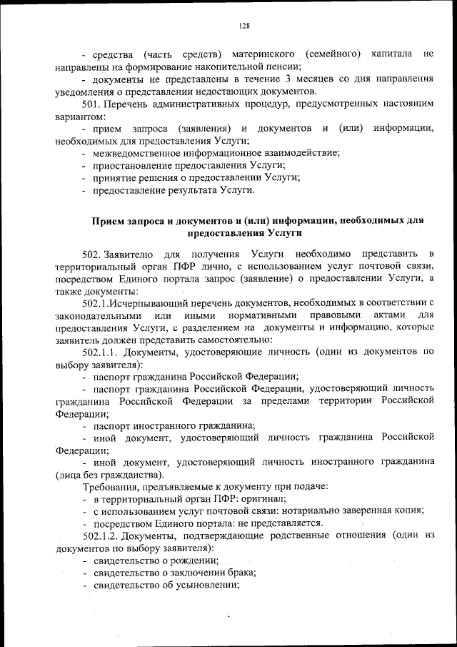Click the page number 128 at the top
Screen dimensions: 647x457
(244, 26)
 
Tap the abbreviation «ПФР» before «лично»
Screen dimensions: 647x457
(194, 266)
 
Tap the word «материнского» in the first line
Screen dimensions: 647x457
(266, 54)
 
